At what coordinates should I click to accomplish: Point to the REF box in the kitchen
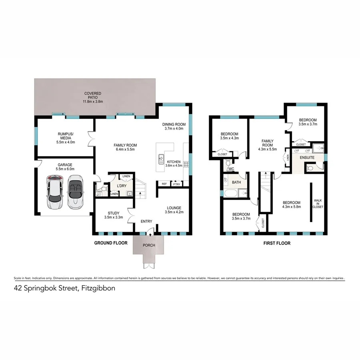164,184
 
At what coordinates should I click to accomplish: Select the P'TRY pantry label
176,184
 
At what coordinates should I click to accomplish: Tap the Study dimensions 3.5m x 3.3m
114,218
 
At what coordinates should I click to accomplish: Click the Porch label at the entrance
149,246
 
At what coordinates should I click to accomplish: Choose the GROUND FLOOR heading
111,243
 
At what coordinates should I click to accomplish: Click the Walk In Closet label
318,204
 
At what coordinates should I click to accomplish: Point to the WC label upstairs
231,169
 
